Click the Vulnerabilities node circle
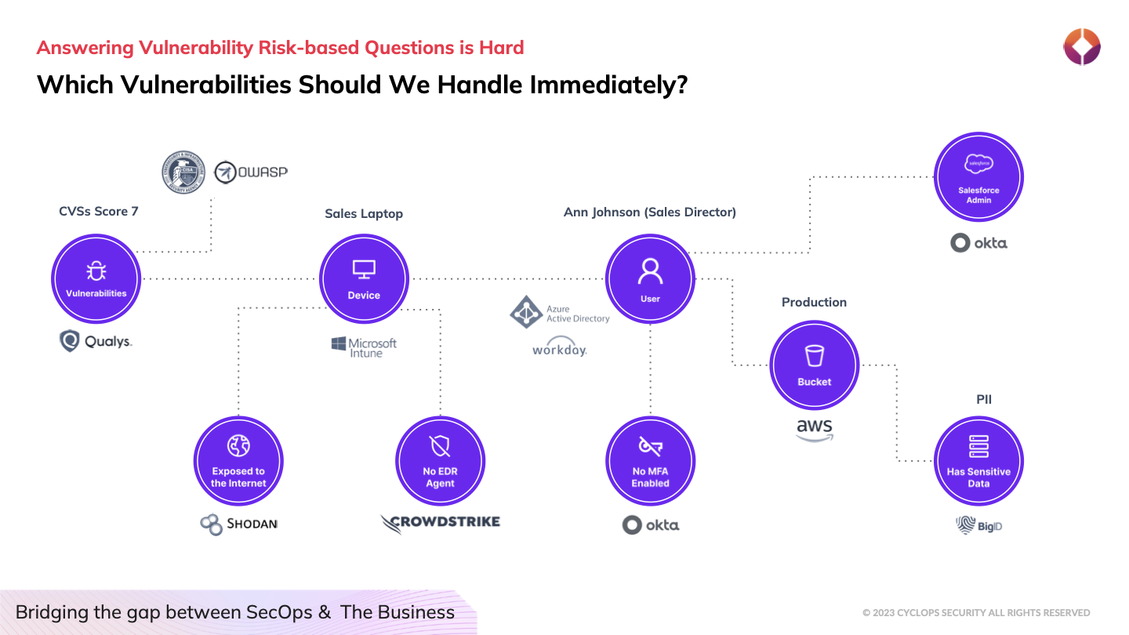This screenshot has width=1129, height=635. pos(96,278)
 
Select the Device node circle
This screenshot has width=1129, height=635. pos(364,278)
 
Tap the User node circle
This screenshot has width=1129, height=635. pos(650,278)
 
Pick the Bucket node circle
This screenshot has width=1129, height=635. pos(814,365)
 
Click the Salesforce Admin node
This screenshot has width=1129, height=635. pos(978,176)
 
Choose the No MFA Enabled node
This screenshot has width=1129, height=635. pos(650,460)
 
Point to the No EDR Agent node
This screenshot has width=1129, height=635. pos(440,460)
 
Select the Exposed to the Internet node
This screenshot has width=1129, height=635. pos(238,460)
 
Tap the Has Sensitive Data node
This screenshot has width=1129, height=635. pos(978,460)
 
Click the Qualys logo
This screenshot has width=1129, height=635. pos(96,341)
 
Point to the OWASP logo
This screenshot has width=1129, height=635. pos(250,172)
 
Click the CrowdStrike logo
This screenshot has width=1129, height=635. pos(440,523)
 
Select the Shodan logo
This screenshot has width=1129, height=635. pos(238,524)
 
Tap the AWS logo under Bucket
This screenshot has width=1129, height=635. pos(814,429)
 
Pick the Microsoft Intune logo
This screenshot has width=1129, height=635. pos(364,347)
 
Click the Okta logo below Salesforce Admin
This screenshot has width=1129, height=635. pos(978,243)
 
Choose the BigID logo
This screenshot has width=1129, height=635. pos(978,525)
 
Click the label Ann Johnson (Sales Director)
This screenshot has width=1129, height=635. pos(650,212)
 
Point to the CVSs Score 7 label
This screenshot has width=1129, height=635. pos(99,212)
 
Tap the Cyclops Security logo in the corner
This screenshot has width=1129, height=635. pos(1082,47)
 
